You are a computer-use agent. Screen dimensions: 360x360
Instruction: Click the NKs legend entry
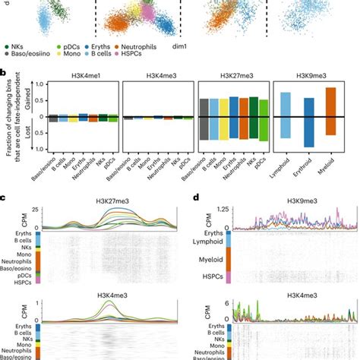[x=22, y=47]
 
